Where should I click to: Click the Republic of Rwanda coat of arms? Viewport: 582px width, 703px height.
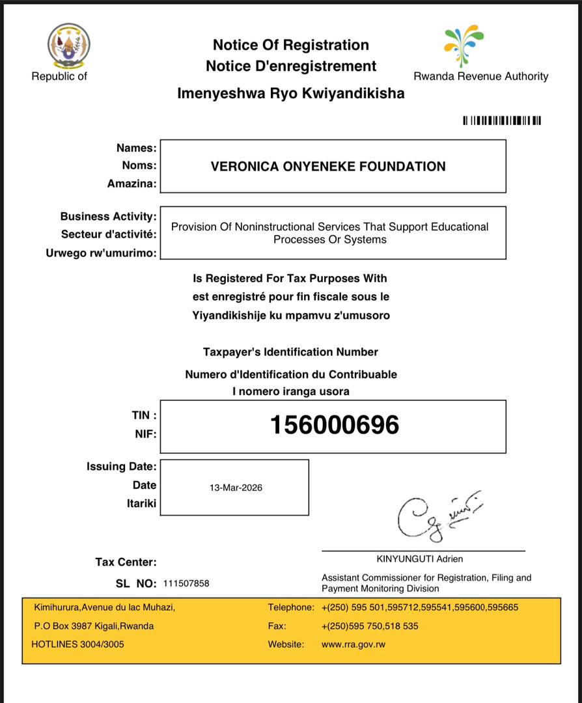click(x=68, y=46)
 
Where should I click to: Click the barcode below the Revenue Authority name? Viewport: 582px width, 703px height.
click(x=501, y=120)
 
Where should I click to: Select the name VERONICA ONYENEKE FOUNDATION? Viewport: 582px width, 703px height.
click(x=328, y=167)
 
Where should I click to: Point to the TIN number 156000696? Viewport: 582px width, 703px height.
click(x=334, y=426)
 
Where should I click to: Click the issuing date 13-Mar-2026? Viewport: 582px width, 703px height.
click(x=236, y=488)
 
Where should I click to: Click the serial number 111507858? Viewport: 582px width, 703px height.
click(x=186, y=584)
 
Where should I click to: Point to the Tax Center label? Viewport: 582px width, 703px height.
click(x=126, y=562)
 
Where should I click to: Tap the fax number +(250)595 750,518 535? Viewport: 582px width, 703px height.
click(x=370, y=626)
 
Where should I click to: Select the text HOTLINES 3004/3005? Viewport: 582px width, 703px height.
click(x=77, y=644)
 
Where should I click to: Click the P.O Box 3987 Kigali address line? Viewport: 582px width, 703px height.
click(x=94, y=626)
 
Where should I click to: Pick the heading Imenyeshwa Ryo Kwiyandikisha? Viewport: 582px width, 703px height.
click(x=290, y=94)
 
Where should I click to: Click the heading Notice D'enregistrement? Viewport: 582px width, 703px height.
click(x=291, y=66)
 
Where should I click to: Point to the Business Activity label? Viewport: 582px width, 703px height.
click(x=108, y=216)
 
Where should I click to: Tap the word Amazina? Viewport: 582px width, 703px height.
click(x=132, y=184)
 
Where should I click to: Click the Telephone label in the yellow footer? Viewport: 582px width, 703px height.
click(x=291, y=607)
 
